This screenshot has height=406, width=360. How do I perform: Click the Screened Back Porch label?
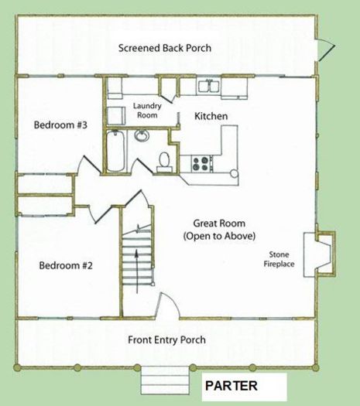coord(165,48)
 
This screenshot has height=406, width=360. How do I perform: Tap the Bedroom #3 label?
coord(60,125)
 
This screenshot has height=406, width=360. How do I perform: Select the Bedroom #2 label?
coord(66,265)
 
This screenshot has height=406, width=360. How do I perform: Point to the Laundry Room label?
coord(147,111)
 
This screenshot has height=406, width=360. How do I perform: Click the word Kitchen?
coord(211,116)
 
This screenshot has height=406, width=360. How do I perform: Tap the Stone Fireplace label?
coord(279,259)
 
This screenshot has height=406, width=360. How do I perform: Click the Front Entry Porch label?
coord(166,339)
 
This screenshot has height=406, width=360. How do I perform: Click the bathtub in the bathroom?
coord(115,151)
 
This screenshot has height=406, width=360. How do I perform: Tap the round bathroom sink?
coord(142,136)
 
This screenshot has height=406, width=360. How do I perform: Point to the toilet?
coord(164,162)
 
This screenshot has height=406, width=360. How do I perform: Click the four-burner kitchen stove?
coord(201,164)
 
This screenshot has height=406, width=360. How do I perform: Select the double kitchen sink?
coord(209,86)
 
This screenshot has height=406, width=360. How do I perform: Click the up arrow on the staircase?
coord(136,271)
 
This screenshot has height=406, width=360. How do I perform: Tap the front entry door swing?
coord(169,305)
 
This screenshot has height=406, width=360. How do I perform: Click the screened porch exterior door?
coord(325,50)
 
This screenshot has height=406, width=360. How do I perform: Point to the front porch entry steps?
coord(165,380)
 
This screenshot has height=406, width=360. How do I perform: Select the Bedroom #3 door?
coord(89,164)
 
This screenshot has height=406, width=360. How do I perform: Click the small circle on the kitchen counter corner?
coord(235,173)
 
